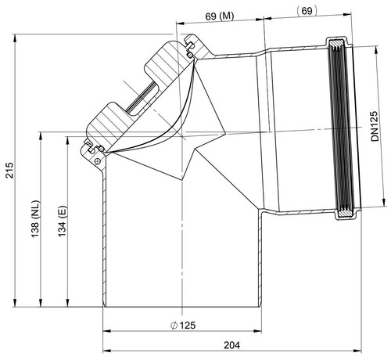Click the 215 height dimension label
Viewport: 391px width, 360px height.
[9, 171]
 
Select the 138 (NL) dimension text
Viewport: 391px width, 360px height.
[35, 219]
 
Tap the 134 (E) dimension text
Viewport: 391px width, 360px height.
[63, 221]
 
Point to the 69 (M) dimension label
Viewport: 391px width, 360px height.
[220, 16]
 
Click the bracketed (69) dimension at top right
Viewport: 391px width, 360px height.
[307, 11]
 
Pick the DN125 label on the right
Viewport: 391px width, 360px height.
[375, 126]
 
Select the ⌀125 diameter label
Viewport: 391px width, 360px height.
[183, 326]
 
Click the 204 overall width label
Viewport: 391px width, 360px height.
[231, 345]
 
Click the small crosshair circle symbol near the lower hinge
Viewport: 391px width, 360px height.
[98, 161]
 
